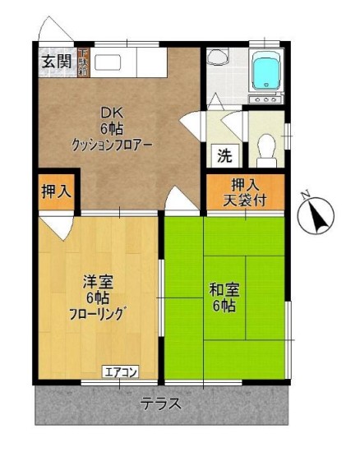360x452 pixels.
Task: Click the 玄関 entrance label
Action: pyautogui.click(x=55, y=62)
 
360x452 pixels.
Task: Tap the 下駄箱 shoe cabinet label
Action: pyautogui.click(x=84, y=62)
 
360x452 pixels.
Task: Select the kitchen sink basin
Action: pyautogui.click(x=110, y=63)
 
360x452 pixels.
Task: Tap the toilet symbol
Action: pyautogui.click(x=265, y=149)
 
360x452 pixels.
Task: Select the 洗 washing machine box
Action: pyautogui.click(x=224, y=155)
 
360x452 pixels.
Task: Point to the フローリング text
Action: pyautogui.click(x=97, y=313)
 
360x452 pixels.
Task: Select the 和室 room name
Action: pyautogui.click(x=224, y=289)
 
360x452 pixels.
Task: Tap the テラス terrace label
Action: pyautogui.click(x=160, y=405)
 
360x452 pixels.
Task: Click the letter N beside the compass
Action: pyautogui.click(x=304, y=195)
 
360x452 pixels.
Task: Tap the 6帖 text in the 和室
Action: pyautogui.click(x=224, y=306)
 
